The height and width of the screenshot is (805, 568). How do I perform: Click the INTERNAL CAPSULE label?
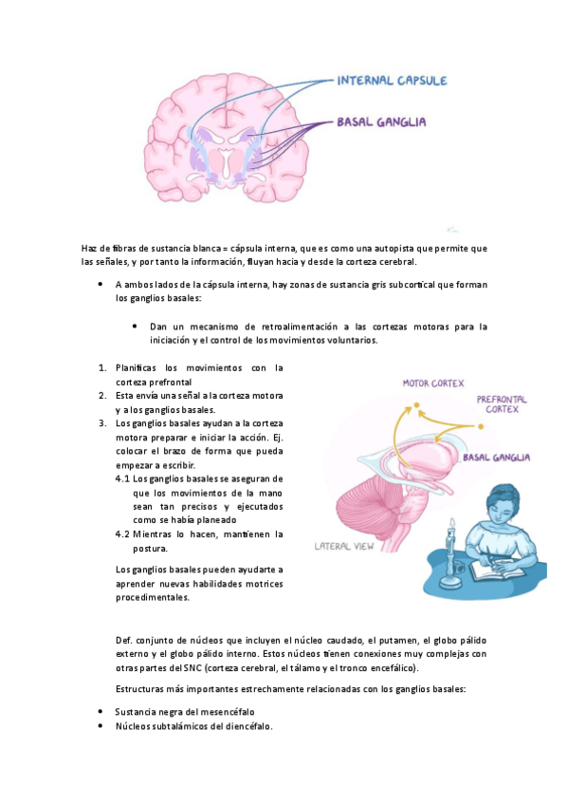coord(392,81)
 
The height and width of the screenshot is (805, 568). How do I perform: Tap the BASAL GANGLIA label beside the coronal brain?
coord(381,122)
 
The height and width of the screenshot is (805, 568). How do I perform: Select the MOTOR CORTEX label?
coord(433,384)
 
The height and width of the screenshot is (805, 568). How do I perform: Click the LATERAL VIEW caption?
coord(347,547)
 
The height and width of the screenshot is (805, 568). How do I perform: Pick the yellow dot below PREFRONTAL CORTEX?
coord(467,426)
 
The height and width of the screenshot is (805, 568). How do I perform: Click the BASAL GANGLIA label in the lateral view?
coord(496,458)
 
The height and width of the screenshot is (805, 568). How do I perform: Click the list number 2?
coord(101,395)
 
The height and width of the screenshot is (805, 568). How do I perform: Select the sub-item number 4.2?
coord(122,534)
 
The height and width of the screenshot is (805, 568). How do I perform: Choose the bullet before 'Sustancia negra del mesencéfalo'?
coord(101,711)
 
